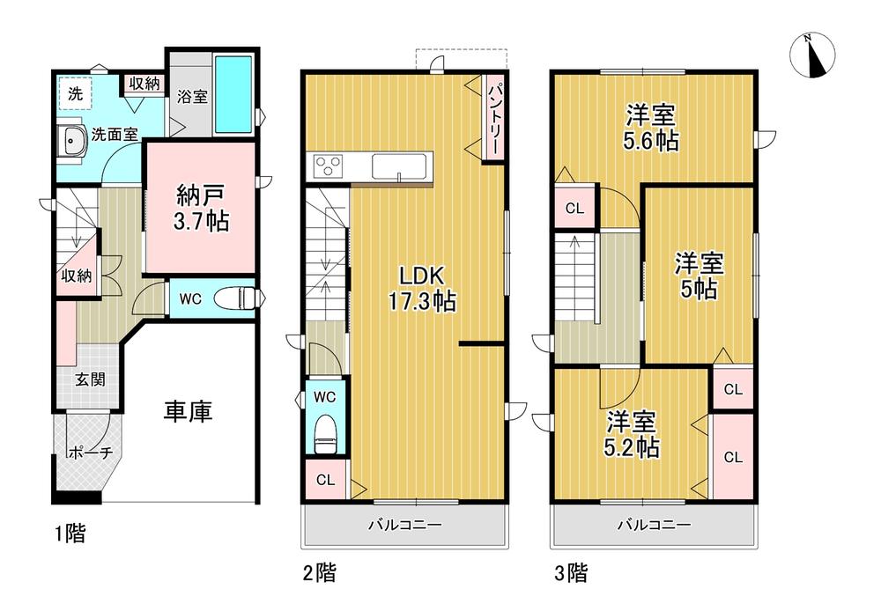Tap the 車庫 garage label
[x=189, y=411]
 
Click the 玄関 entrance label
[x=90, y=380]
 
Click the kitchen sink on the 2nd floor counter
[x=400, y=166]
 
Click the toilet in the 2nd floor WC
[x=325, y=432]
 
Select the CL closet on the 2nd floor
[x=325, y=480]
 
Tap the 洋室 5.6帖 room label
[x=652, y=128]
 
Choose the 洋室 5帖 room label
[x=700, y=276]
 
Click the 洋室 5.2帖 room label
[x=630, y=434]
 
